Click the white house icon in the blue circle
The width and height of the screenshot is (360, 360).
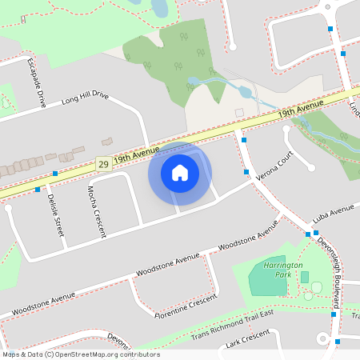(180, 173)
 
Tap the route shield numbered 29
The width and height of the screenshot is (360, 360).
(103, 163)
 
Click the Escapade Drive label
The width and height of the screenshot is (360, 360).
(36, 82)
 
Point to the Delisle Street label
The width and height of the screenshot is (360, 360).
(54, 213)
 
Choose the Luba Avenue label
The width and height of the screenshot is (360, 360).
(333, 214)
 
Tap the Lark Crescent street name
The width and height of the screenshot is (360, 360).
(244, 344)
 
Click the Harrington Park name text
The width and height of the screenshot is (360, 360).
(283, 269)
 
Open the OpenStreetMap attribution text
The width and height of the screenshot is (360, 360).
(81, 354)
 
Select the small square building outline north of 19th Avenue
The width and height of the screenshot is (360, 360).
(238, 112)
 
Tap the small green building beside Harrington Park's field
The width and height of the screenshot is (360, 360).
(304, 277)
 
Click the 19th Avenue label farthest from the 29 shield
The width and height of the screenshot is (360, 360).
(301, 110)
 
